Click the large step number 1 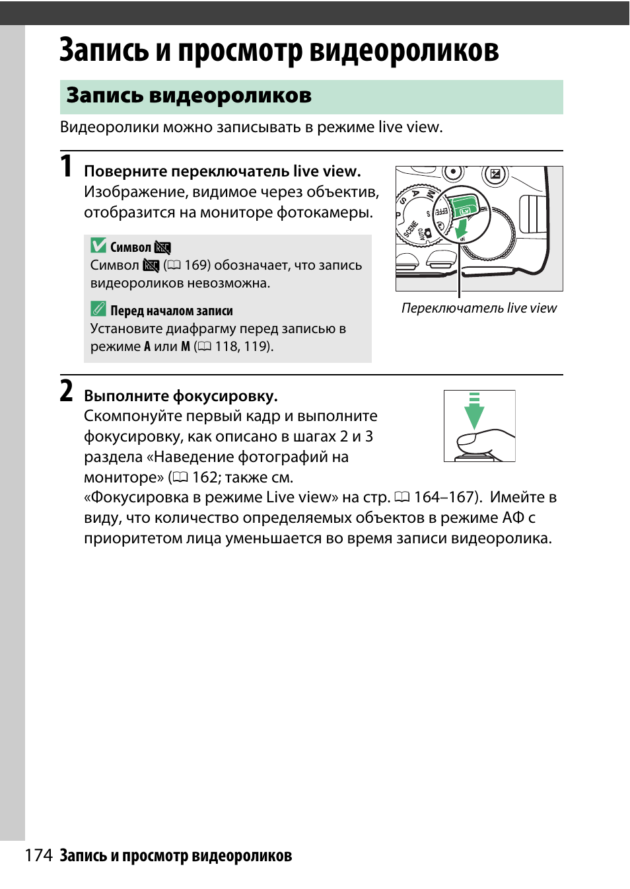coord(66,166)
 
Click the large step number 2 coord(66,391)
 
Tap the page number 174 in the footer coord(38,855)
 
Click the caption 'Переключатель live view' coord(479,308)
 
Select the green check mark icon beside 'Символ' coord(98,246)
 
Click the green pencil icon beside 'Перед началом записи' coord(98,309)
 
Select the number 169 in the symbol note coord(197,265)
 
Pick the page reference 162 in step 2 coord(205,477)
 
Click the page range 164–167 coord(444,497)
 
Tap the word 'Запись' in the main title coord(104,50)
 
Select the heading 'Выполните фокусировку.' coord(180,396)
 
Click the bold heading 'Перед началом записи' coord(171,311)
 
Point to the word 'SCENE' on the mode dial coord(411,229)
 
